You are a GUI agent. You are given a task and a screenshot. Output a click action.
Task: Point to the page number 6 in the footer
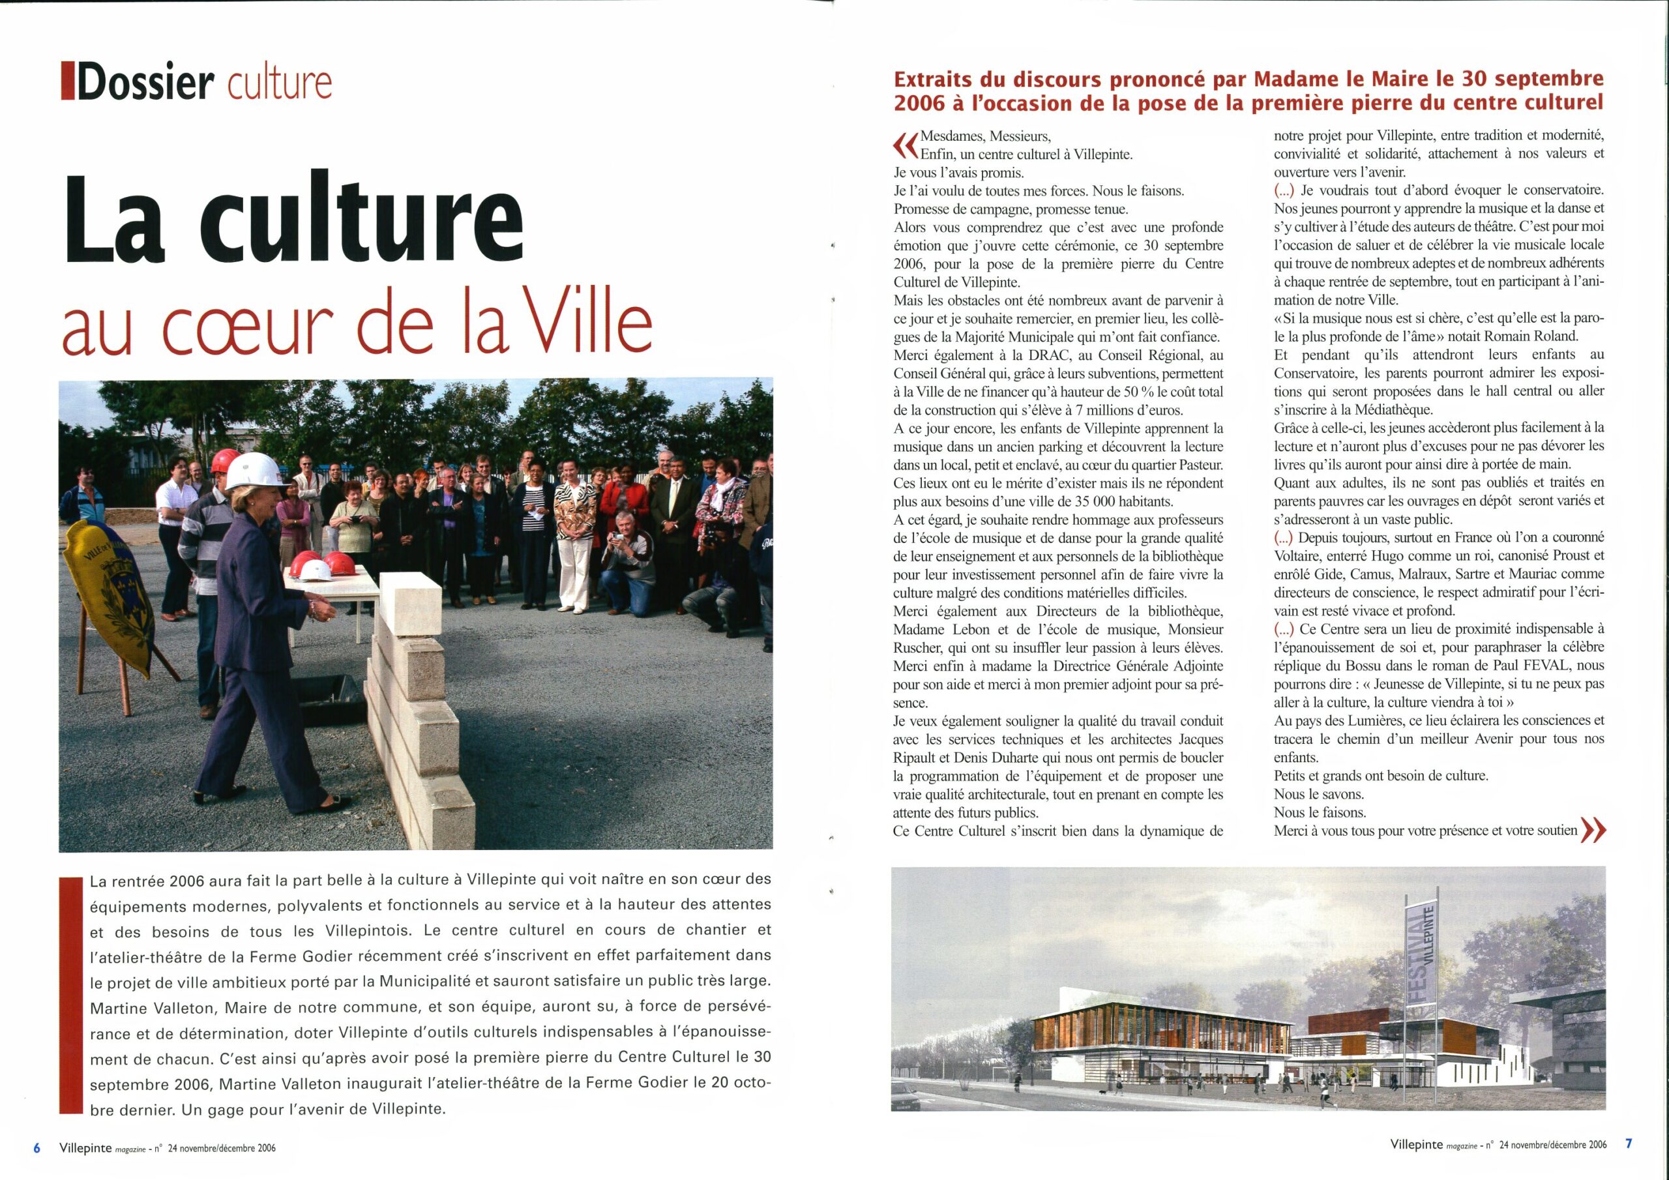36,1147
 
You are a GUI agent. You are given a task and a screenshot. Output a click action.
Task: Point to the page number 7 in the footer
1629,1143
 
